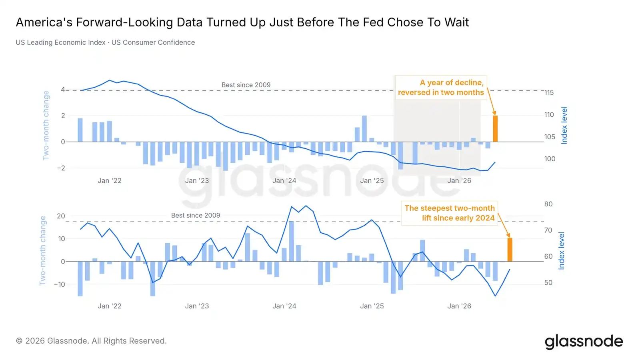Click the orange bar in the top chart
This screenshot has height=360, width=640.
coord(495,128)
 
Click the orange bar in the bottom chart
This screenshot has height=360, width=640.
coord(510,250)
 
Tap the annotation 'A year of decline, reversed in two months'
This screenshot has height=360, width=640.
coord(441,88)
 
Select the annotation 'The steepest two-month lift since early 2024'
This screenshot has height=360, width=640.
coord(450,213)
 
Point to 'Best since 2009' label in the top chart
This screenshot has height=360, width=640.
coord(246,85)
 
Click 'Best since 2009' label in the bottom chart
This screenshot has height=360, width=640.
coord(196,215)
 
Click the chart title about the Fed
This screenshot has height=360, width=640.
coord(242,22)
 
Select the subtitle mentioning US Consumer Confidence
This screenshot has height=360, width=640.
coord(105,42)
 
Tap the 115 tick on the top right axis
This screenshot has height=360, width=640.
coord(549,92)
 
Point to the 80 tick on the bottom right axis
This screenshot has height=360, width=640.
coord(548,204)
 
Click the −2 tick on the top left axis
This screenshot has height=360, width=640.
coord(61,168)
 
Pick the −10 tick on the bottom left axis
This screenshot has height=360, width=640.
coord(60,284)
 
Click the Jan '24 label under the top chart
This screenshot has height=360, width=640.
coord(284,180)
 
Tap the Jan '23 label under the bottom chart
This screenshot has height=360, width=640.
coord(197,306)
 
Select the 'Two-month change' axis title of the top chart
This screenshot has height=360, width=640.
coord(46,126)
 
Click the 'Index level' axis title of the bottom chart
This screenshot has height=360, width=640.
coord(562,250)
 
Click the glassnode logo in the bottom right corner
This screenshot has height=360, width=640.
coord(584,342)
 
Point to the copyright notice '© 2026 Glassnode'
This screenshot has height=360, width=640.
coord(92,341)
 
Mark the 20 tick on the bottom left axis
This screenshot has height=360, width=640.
coord(61,216)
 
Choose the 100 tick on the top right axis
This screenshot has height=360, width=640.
coord(550,159)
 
